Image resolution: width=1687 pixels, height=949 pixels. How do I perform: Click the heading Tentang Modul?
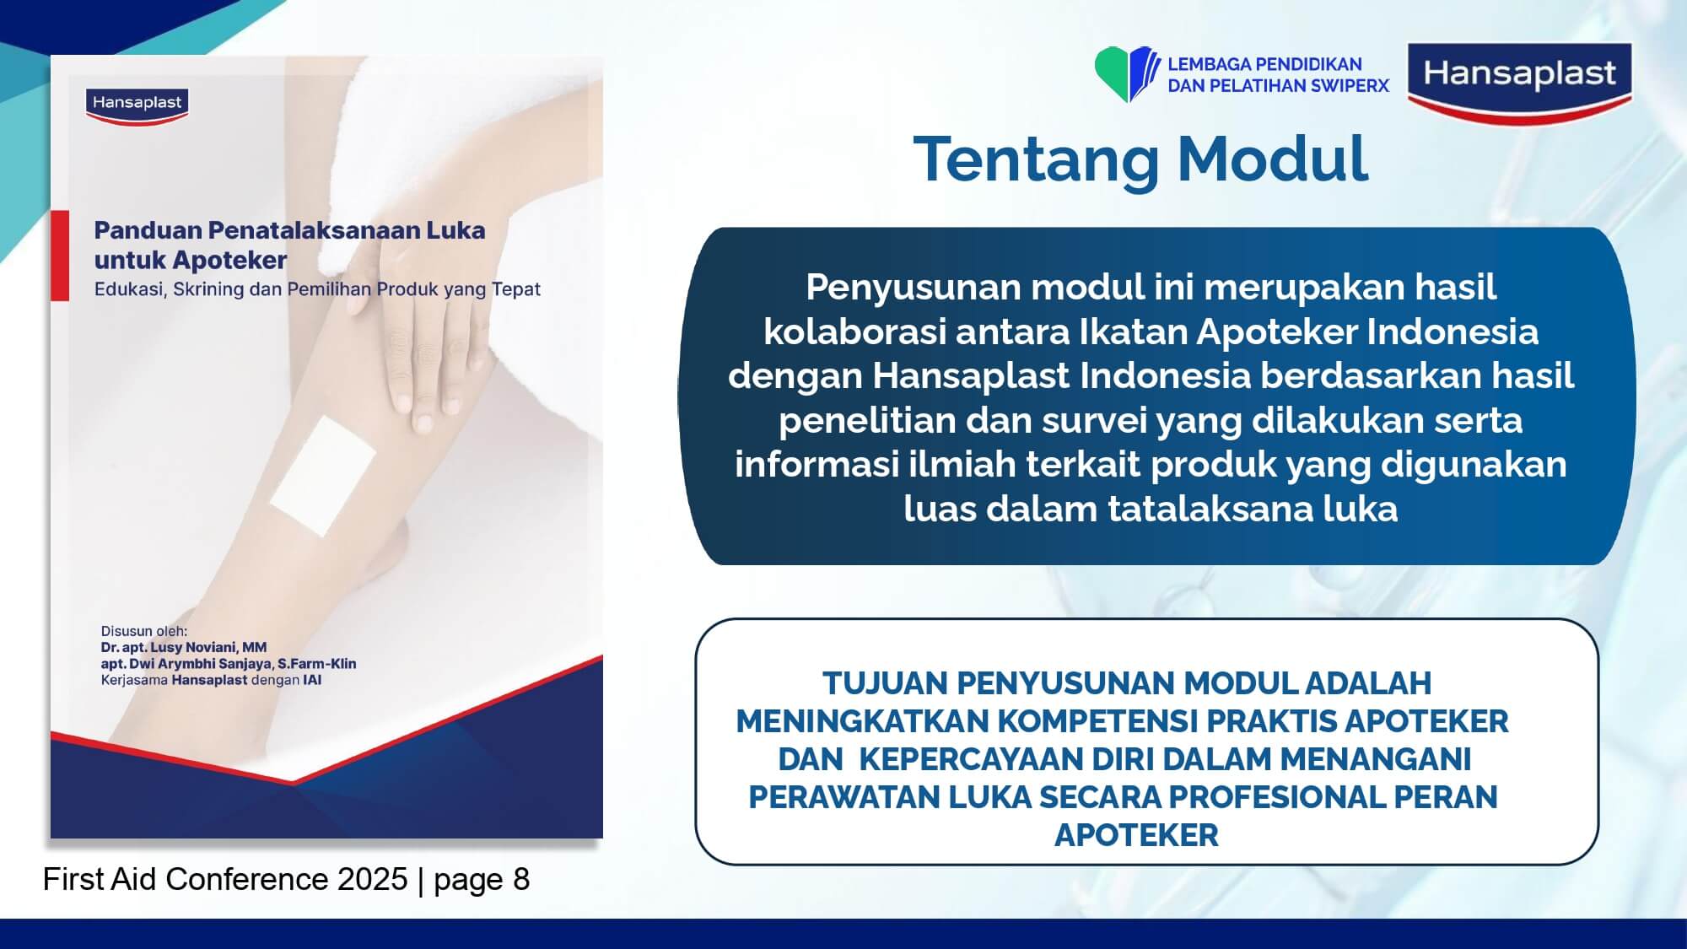(1140, 159)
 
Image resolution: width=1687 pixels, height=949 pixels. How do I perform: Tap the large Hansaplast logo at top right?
(1520, 83)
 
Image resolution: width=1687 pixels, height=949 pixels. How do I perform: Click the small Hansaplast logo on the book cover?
(137, 105)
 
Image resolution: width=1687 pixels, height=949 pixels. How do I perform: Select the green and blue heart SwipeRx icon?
(1127, 74)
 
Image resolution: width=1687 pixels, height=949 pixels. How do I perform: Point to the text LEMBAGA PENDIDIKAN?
(1264, 65)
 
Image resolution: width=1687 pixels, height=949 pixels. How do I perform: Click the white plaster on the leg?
(322, 475)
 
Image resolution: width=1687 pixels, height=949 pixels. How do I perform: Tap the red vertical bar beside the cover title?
(60, 256)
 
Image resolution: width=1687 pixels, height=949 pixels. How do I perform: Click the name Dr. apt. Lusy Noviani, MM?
(184, 647)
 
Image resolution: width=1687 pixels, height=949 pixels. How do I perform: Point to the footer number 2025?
(373, 879)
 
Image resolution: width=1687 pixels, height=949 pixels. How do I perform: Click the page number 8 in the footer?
(521, 879)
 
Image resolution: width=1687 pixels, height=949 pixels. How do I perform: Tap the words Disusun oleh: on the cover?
(144, 631)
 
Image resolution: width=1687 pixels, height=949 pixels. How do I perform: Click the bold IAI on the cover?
(313, 680)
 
